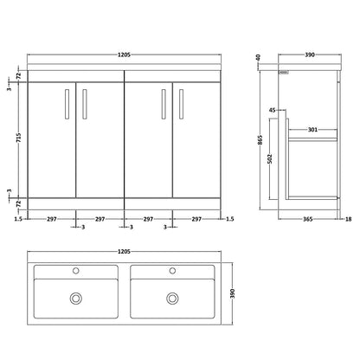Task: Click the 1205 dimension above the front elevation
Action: point(124,55)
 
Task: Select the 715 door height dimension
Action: point(19,138)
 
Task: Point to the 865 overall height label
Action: point(260,140)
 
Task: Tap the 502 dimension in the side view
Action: point(270,158)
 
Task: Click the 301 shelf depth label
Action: point(312,130)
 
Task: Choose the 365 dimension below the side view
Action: point(308,219)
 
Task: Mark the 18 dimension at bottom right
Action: point(349,219)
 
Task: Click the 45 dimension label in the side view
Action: point(273,110)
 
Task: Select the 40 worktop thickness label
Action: point(258,57)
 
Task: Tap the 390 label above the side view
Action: point(310,55)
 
